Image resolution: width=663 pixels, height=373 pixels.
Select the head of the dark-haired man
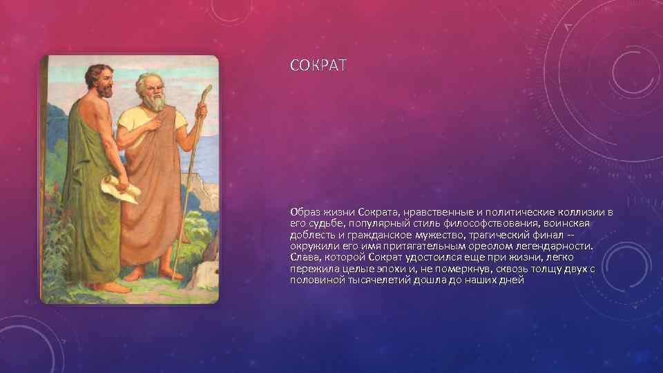pyautogui.click(x=99, y=80)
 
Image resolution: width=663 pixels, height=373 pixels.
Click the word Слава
pyautogui.click(x=305, y=258)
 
